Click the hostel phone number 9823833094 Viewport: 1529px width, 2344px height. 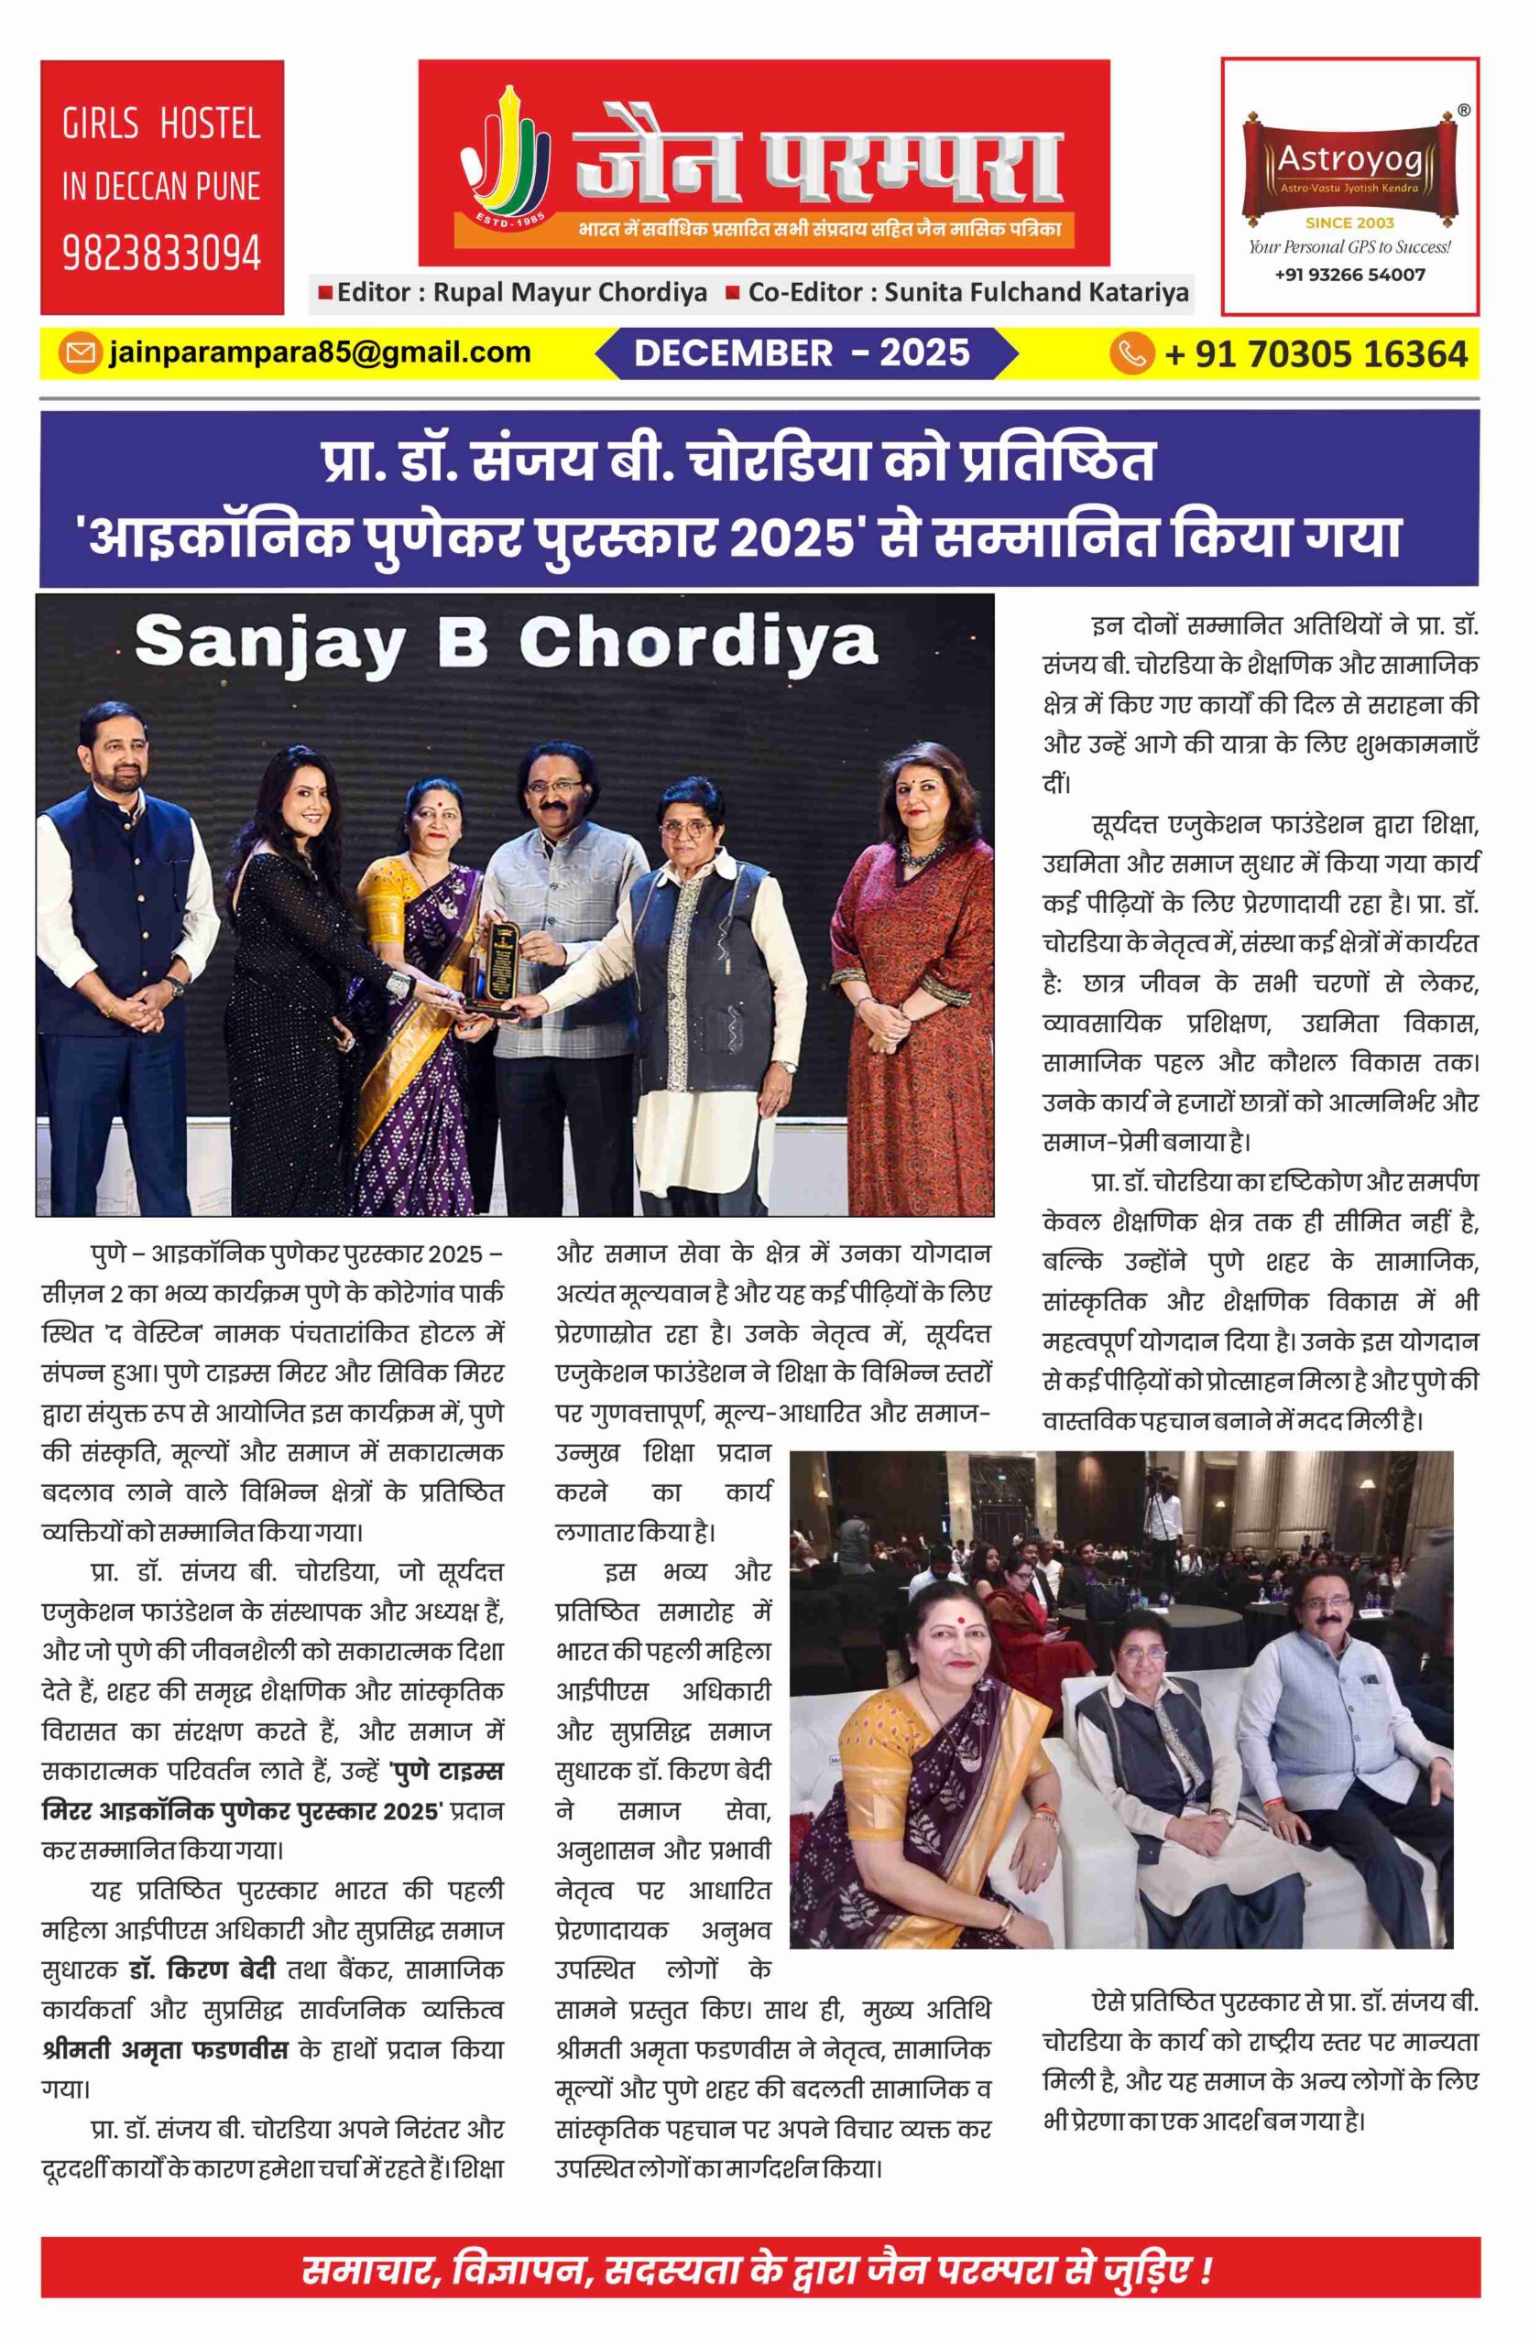(x=161, y=253)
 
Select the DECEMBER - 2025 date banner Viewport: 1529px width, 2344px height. (x=802, y=353)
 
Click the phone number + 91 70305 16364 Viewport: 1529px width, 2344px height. (x=1316, y=353)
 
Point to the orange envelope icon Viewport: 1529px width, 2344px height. (x=79, y=353)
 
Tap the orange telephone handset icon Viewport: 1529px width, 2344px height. (x=1132, y=353)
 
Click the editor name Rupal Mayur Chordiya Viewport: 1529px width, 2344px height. (x=571, y=292)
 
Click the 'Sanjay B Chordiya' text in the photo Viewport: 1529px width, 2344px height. (x=506, y=643)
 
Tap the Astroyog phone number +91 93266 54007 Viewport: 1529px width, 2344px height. (x=1349, y=275)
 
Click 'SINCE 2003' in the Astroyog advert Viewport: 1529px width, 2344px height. (x=1349, y=222)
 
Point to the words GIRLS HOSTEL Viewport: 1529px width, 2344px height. (x=161, y=125)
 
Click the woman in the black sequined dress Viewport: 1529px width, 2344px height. (x=296, y=985)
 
